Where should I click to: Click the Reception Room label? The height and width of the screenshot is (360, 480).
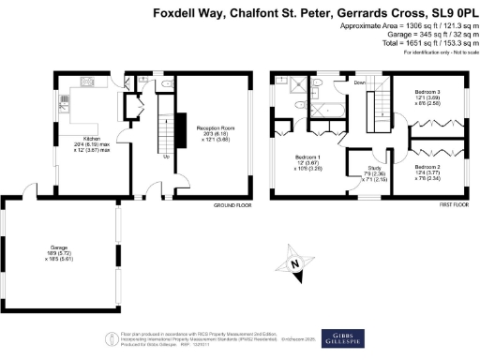point(213,127)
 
